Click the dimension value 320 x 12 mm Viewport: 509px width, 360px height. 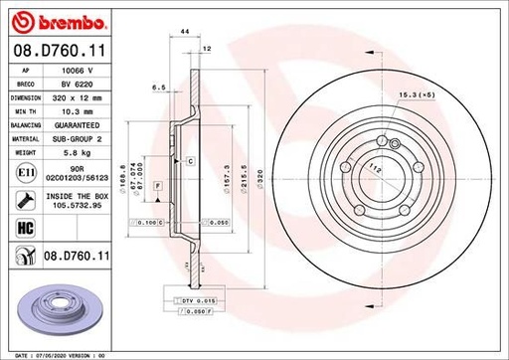79,98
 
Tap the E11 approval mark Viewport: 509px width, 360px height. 21,174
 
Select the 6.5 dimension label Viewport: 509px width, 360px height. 157,88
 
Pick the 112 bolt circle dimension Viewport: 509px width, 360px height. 377,171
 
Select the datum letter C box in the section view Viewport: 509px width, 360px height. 189,160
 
